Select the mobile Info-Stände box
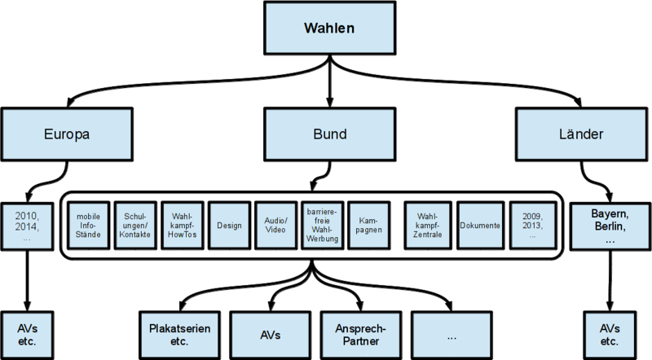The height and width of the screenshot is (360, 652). pyautogui.click(x=88, y=226)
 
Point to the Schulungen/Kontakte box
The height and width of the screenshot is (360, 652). pyautogui.click(x=134, y=226)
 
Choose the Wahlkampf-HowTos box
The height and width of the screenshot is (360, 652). pyautogui.click(x=181, y=226)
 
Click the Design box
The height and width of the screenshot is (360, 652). pyautogui.click(x=228, y=226)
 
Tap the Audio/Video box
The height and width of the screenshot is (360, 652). pyautogui.click(x=275, y=226)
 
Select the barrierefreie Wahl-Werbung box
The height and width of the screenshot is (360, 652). pyautogui.click(x=323, y=226)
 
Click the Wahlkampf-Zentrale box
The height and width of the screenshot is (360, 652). pyautogui.click(x=428, y=226)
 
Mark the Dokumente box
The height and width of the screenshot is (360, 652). pyautogui.click(x=480, y=226)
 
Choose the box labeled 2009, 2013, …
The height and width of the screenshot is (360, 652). pyautogui.click(x=530, y=226)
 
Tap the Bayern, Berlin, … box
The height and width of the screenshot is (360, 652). pyautogui.click(x=610, y=226)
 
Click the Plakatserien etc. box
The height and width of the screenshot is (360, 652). pyautogui.click(x=179, y=335)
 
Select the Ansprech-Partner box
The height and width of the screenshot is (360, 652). pyautogui.click(x=359, y=335)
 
